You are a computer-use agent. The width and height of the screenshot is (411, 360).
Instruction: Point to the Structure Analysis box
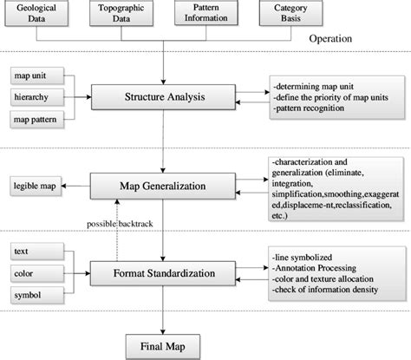click(x=164, y=97)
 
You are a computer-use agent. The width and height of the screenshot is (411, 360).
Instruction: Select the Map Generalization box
click(x=165, y=184)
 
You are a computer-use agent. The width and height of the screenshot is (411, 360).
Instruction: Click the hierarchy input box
click(x=33, y=95)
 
